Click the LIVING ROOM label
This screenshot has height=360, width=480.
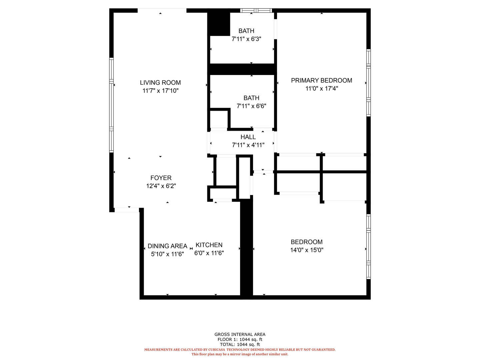160,83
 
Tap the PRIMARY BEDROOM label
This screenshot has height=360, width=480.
321,80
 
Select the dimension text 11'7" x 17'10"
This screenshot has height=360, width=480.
161,90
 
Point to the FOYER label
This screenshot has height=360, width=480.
161,178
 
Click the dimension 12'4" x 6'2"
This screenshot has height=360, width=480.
161,186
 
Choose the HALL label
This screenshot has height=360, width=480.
248,137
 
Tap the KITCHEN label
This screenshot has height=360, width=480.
209,245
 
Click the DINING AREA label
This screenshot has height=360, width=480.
168,246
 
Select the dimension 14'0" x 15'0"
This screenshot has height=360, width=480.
307,250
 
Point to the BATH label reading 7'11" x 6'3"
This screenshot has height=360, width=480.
246,31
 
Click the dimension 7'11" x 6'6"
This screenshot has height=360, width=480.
251,106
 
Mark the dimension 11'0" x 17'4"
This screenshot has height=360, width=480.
322,89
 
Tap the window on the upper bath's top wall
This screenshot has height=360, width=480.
256,10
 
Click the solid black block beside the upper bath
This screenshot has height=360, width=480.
219,24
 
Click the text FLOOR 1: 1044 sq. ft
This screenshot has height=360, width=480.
240,339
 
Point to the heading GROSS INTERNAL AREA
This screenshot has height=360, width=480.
240,334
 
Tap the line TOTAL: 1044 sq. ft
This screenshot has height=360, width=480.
240,344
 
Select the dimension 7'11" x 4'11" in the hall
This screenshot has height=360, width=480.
248,145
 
